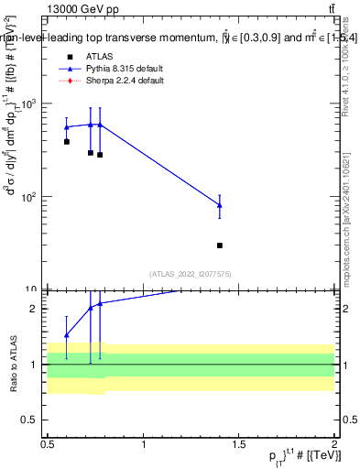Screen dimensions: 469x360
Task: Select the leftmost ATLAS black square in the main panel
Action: click(x=67, y=142)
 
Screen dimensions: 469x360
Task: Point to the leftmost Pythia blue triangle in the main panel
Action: click(x=67, y=127)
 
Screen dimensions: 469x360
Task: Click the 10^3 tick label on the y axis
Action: click(x=30, y=104)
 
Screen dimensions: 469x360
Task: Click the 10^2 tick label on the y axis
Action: click(x=30, y=198)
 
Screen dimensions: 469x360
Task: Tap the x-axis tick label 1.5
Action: click(x=239, y=445)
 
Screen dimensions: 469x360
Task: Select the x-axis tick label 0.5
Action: click(x=48, y=445)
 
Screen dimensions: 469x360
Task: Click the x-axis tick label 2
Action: click(x=334, y=445)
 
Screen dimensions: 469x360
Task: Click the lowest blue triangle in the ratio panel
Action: click(x=67, y=335)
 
